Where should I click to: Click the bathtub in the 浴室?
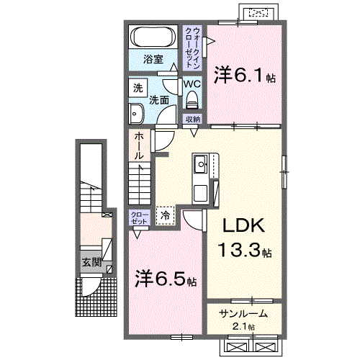pyautogui.click(x=153, y=36)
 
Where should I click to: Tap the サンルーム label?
pyautogui.click(x=243, y=314)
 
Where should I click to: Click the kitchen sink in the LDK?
pyautogui.click(x=201, y=165)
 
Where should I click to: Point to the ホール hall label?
pyautogui.click(x=138, y=145)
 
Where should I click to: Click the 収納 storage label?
pyautogui.click(x=192, y=120)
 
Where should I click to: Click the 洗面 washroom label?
pyautogui.click(x=160, y=100)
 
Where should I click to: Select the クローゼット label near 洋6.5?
pyautogui.click(x=139, y=218)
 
